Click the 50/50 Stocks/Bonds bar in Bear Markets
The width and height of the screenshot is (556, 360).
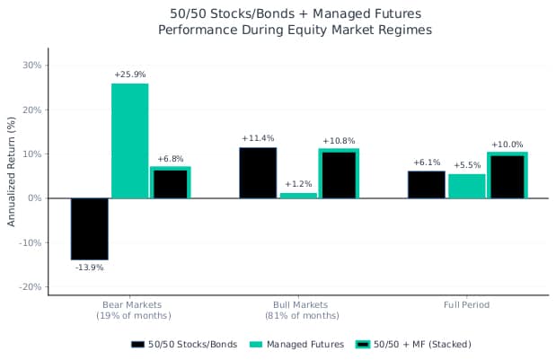click(89, 228)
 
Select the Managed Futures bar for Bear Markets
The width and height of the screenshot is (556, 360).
click(129, 140)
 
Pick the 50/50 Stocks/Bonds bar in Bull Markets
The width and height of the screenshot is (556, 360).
click(258, 172)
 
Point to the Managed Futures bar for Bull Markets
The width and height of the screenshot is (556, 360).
click(298, 195)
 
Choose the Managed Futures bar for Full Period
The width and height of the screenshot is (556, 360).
click(466, 186)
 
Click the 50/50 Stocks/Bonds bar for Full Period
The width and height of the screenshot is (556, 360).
click(426, 184)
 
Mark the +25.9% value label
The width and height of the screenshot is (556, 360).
click(130, 74)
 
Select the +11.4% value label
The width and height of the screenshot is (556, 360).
click(258, 138)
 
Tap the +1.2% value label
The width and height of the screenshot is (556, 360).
click(298, 184)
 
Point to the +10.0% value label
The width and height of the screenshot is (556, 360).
click(507, 145)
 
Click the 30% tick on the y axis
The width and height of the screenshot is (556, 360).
click(32, 65)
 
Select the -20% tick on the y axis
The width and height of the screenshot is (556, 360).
click(31, 286)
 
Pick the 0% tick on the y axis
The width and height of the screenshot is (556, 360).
click(35, 198)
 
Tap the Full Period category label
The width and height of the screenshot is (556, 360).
click(466, 305)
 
